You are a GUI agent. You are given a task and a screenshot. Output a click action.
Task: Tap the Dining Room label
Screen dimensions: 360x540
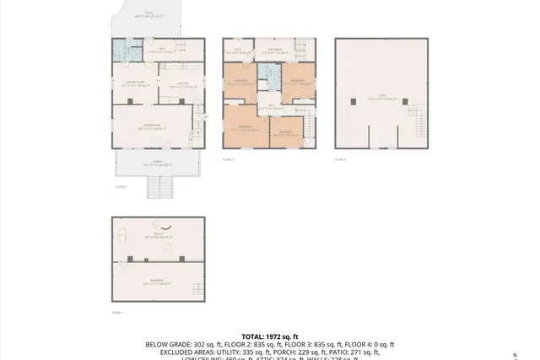tap(128, 84)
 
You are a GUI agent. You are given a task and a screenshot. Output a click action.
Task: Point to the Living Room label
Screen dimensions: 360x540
tap(152, 126)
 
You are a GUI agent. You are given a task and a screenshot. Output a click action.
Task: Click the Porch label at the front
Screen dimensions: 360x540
tap(158, 164)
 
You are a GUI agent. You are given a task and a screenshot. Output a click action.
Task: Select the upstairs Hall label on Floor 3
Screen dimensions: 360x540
tap(268, 107)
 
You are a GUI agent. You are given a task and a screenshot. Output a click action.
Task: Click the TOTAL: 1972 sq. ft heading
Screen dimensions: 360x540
tap(270, 336)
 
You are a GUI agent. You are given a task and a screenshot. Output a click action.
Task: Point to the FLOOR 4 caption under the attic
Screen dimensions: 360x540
tap(340, 159)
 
